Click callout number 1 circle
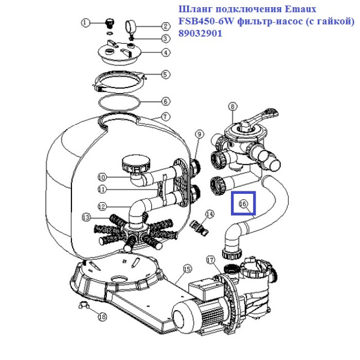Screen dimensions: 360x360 [x=86, y=22]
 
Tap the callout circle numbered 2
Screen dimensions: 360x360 [x=165, y=26]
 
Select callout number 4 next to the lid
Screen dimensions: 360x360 [x=165, y=52]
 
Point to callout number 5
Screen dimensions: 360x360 [x=165, y=75]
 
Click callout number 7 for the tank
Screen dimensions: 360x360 [x=165, y=117]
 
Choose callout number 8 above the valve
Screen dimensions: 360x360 [x=232, y=106]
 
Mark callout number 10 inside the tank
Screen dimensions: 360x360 [x=101, y=176]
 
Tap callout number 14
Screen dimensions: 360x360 [x=209, y=213]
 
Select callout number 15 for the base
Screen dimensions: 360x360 [x=187, y=268]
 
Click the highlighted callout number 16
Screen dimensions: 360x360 [x=243, y=204]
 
